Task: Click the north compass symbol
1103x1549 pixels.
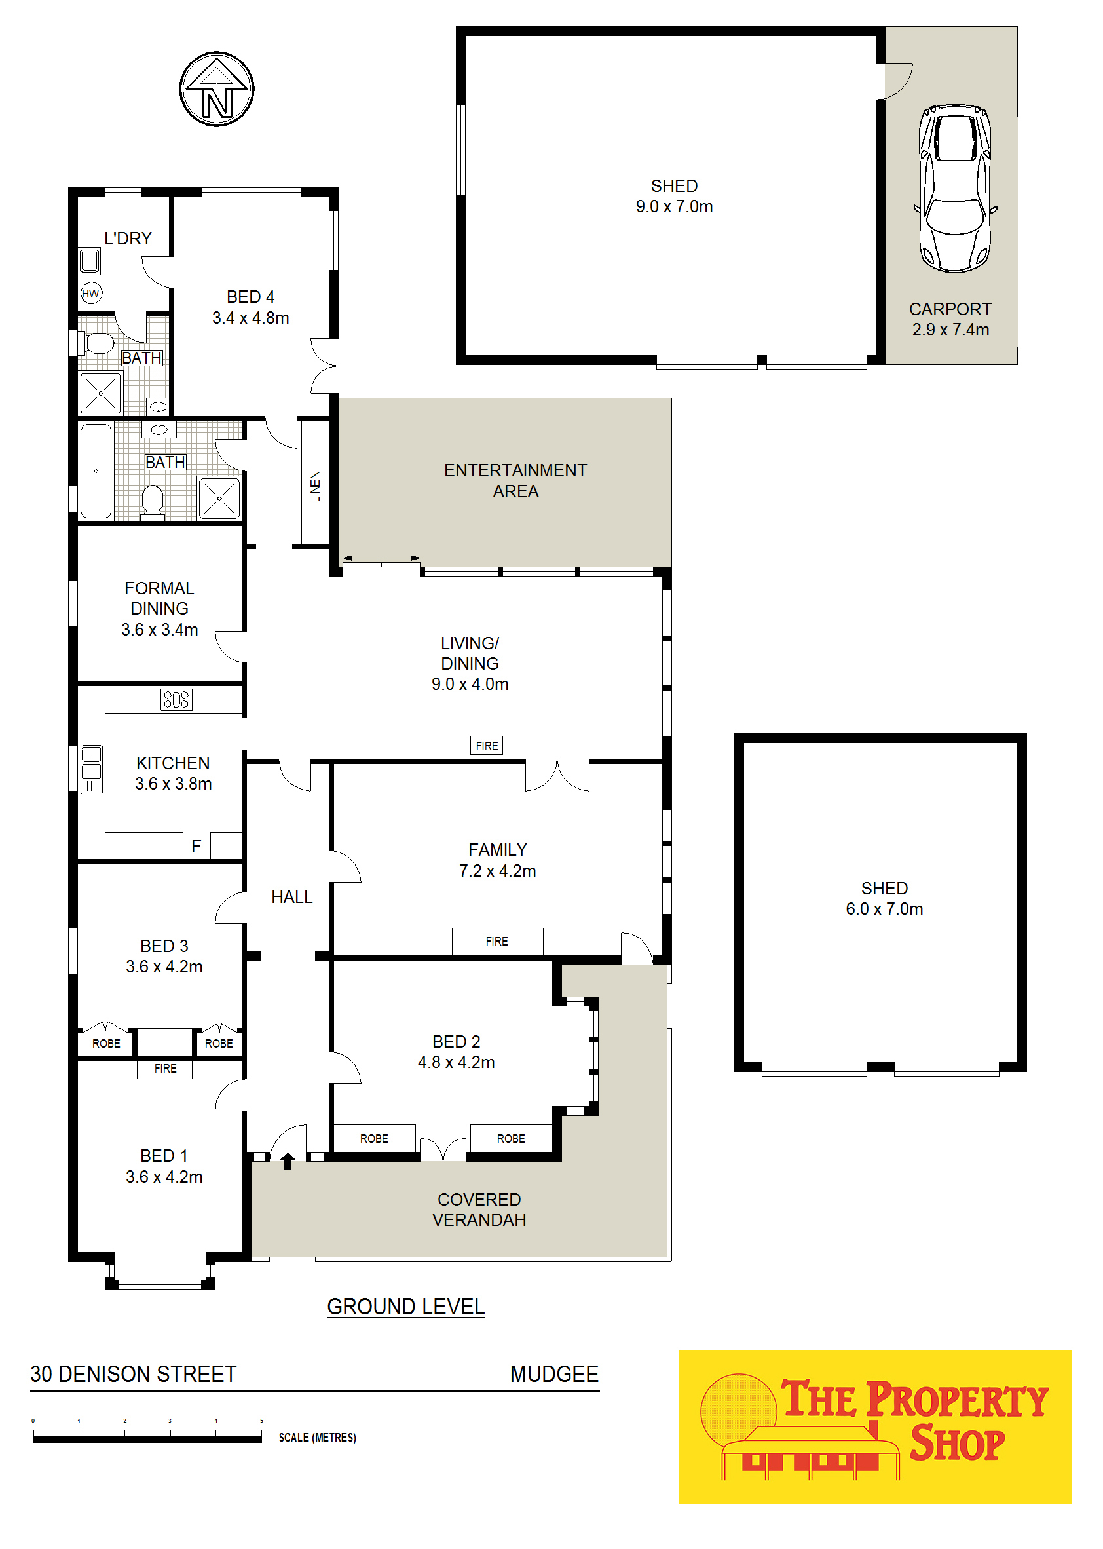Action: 217,89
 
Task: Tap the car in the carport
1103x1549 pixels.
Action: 955,188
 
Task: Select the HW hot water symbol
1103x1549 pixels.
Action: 91,294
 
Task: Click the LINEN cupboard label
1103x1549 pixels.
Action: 315,486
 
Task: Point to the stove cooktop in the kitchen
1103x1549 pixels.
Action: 177,700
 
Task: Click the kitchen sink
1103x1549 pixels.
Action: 92,770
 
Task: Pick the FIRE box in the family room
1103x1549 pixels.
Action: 497,942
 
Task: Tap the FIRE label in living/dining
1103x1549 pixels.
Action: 487,746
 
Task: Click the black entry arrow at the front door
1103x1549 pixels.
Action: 288,1161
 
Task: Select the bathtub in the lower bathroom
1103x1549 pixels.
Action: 96,472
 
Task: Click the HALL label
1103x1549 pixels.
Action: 292,897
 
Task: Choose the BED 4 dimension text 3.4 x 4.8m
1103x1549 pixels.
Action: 251,318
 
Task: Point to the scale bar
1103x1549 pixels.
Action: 147,1438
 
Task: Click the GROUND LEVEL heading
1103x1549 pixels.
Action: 406,1307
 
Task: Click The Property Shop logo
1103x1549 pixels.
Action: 875,1427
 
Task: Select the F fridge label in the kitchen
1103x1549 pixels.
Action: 196,847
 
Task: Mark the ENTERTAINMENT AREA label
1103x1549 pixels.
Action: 515,480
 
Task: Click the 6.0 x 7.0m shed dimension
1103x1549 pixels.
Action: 884,909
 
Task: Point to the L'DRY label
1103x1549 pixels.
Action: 128,239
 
